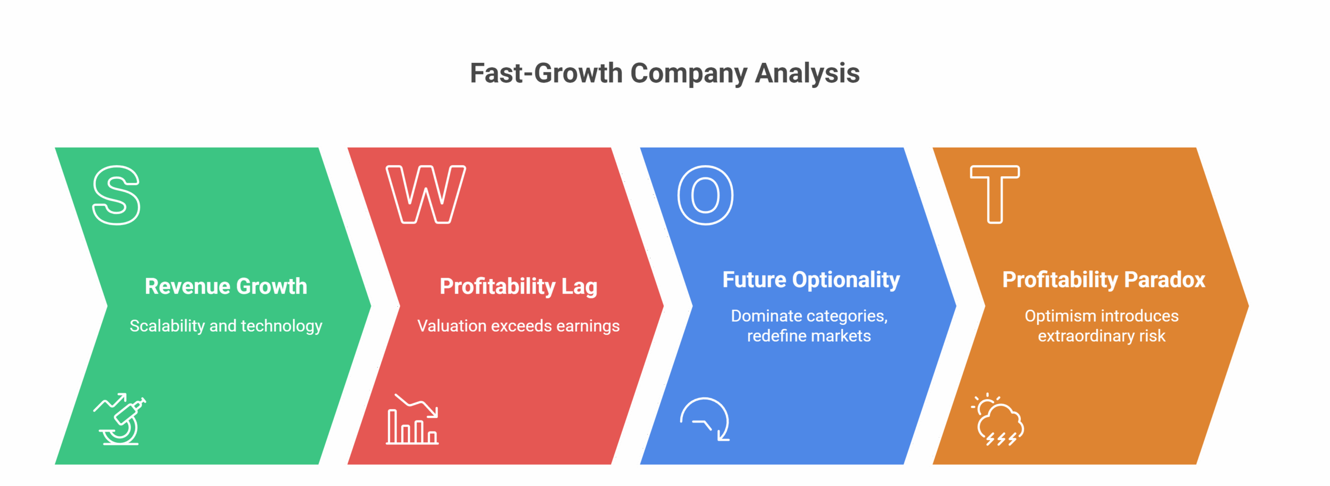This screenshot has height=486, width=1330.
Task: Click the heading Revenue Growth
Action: pos(226,286)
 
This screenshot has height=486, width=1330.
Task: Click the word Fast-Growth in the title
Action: pos(546,73)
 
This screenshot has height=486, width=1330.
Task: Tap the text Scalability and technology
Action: pos(226,326)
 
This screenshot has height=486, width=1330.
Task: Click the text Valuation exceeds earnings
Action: pos(518,326)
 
